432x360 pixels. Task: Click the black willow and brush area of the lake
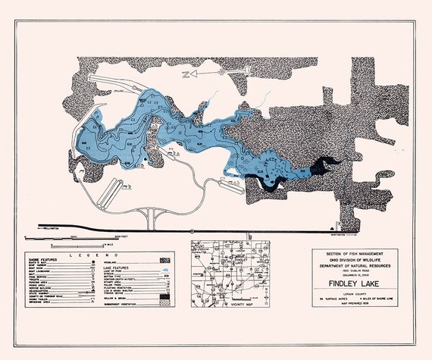pos(324,164)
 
